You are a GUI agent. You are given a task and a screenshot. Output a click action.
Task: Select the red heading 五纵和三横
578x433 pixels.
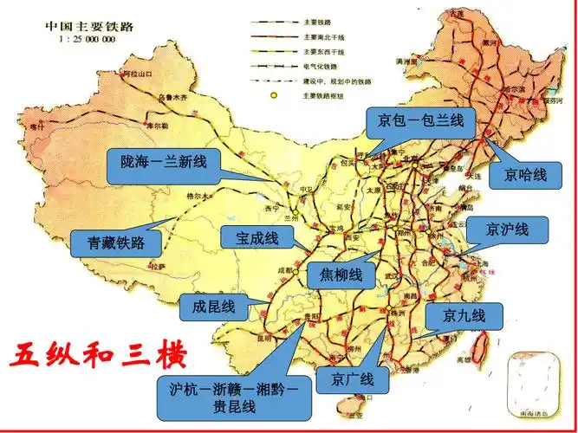pyautogui.click(x=98, y=356)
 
